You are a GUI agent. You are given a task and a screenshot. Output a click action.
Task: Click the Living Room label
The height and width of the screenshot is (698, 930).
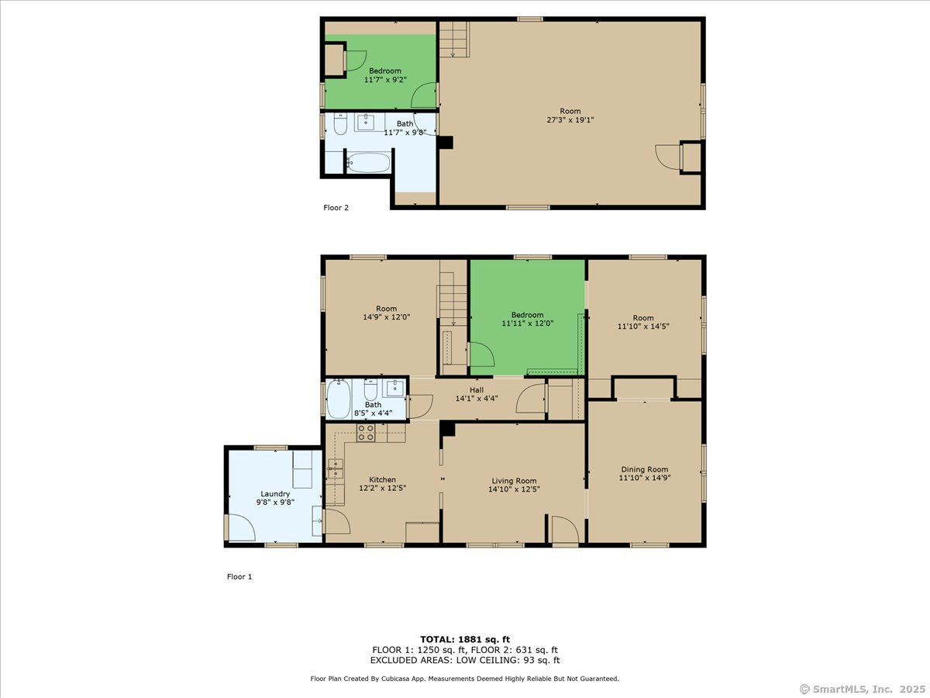click(514, 481)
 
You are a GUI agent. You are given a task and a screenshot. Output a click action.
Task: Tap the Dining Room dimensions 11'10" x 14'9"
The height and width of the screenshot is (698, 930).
click(645, 478)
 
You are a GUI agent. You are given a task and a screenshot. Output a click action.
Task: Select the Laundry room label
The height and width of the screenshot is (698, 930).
click(275, 494)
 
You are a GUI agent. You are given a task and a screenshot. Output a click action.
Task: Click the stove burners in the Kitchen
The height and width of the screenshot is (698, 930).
click(366, 433)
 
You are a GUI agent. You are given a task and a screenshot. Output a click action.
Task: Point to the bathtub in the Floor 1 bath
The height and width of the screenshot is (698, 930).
click(339, 399)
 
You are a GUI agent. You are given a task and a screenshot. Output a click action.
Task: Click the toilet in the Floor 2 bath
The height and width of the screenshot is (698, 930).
click(340, 124)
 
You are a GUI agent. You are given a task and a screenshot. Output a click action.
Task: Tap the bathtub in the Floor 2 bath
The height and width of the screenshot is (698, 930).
click(369, 163)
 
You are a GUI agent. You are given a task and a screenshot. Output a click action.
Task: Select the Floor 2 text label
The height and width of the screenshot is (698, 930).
click(336, 208)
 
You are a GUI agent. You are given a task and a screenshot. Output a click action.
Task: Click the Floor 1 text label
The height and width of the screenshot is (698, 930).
click(239, 576)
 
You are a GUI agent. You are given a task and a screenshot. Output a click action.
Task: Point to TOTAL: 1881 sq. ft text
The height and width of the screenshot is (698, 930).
click(465, 640)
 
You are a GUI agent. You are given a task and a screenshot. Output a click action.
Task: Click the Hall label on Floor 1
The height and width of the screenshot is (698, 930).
click(476, 390)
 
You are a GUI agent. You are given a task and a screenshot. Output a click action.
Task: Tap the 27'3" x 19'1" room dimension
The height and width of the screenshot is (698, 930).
click(570, 120)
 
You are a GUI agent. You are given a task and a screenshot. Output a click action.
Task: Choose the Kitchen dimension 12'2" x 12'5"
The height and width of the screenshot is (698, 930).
click(383, 488)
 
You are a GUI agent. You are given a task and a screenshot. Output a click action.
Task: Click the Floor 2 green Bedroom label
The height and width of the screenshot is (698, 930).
click(384, 71)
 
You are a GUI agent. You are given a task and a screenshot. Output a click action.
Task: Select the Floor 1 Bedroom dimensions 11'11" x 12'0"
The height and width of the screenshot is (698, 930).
click(528, 323)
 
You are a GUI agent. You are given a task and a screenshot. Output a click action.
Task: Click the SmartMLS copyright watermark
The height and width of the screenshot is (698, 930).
click(863, 689)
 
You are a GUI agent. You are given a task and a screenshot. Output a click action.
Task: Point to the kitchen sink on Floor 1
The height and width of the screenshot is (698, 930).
click(336, 468)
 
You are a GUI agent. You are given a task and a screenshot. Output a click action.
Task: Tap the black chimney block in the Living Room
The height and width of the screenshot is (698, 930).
click(447, 430)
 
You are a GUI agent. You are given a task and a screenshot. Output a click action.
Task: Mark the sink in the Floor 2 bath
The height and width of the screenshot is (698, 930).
click(366, 122)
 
